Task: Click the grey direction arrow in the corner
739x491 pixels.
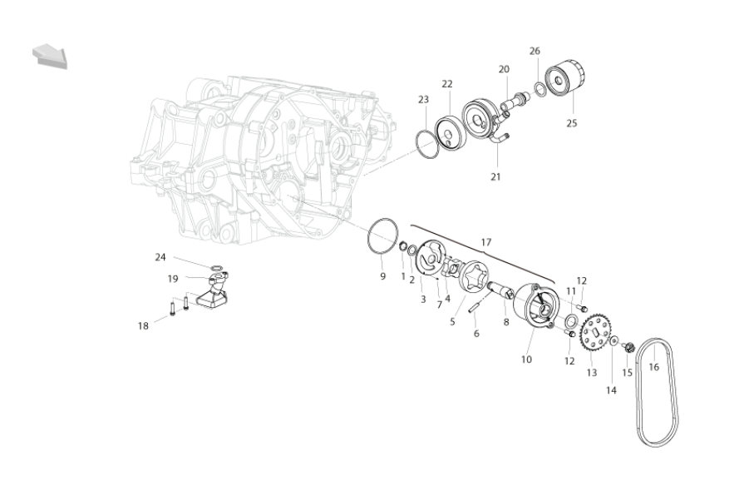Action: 50,56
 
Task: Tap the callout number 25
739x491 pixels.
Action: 571,123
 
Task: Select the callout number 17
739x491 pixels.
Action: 486,242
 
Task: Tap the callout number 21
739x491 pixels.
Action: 495,177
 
